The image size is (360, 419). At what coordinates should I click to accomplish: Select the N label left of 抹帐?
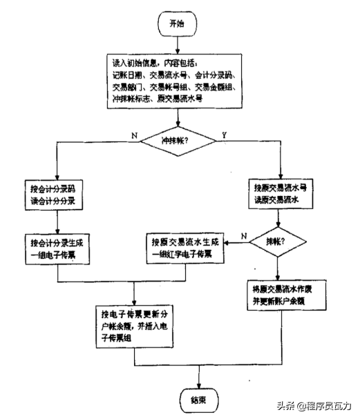pyautogui.click(x=244, y=236)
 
